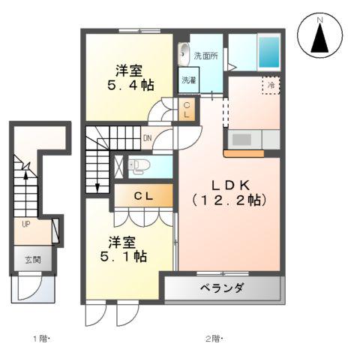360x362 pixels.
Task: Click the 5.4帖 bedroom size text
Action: [130, 86]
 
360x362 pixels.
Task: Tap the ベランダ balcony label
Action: [222, 289]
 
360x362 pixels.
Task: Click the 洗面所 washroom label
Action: [205, 55]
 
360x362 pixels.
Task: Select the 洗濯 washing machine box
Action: [187, 80]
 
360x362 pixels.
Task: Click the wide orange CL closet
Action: [144, 196]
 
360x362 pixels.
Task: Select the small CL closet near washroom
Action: [187, 110]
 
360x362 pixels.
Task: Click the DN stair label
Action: [148, 138]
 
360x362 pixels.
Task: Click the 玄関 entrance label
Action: [31, 260]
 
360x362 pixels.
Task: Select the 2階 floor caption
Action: [213, 338]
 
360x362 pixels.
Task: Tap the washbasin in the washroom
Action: [182, 54]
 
